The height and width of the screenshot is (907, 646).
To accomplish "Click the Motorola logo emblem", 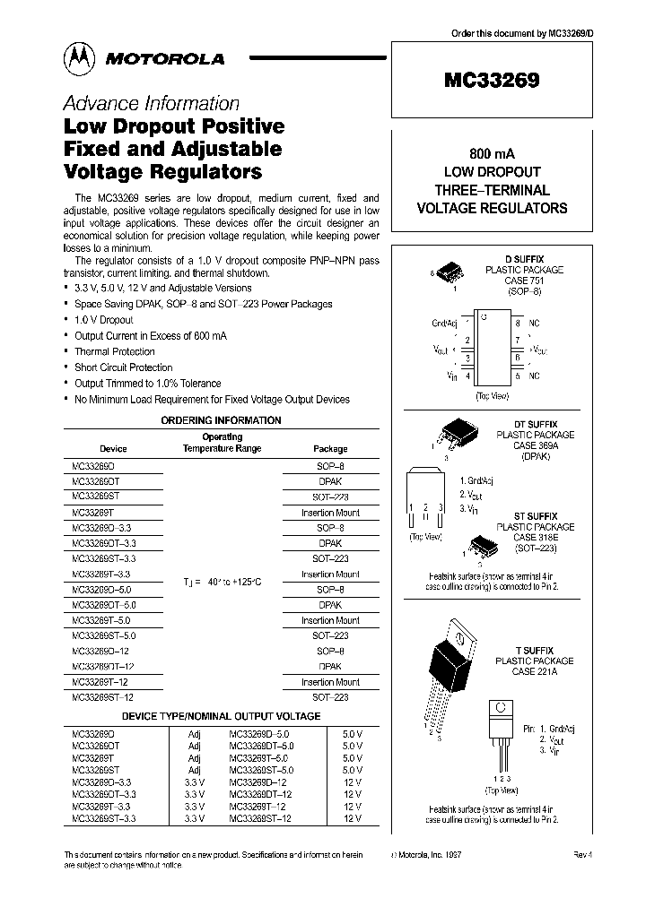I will point(78,58).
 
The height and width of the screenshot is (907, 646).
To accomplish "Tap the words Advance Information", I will point(151,103).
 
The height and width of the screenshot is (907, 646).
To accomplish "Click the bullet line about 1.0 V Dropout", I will point(103,320).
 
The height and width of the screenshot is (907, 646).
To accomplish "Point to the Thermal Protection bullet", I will point(114,352).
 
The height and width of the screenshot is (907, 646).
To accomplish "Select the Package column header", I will point(330,448).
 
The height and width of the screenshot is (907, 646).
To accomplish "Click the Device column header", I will point(113,448).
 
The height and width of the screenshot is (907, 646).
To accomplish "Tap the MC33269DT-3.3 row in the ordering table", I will point(104,543).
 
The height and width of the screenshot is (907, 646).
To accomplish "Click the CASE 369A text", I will point(536,445).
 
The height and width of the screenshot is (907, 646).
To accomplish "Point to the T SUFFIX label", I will point(534,650).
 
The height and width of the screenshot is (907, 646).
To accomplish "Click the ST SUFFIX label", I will point(536,517).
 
